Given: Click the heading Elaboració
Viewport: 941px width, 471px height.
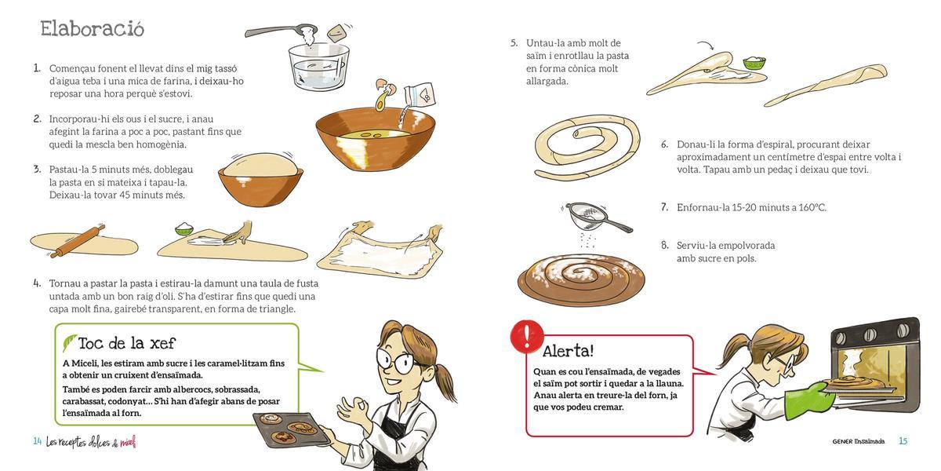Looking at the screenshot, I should [93, 29].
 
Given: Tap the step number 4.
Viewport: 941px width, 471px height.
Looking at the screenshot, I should [37, 283].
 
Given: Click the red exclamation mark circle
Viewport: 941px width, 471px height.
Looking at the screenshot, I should [526, 335].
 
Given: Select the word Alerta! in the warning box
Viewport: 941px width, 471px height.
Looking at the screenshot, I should [568, 351].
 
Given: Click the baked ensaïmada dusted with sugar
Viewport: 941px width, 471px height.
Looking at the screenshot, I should [581, 279].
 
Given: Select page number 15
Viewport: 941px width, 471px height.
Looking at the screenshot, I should [903, 441].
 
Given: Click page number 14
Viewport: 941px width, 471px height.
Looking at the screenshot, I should [37, 441].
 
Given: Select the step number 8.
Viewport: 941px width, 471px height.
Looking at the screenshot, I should [664, 245].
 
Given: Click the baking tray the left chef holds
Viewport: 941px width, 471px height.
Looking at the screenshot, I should [290, 429].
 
